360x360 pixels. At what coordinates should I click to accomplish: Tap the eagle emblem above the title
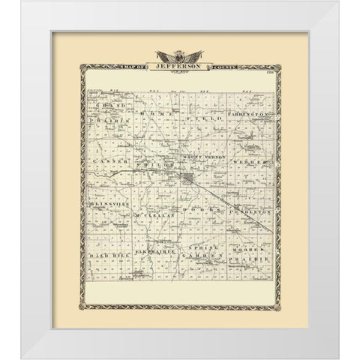(180, 55)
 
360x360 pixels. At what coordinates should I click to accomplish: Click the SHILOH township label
(153, 162)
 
